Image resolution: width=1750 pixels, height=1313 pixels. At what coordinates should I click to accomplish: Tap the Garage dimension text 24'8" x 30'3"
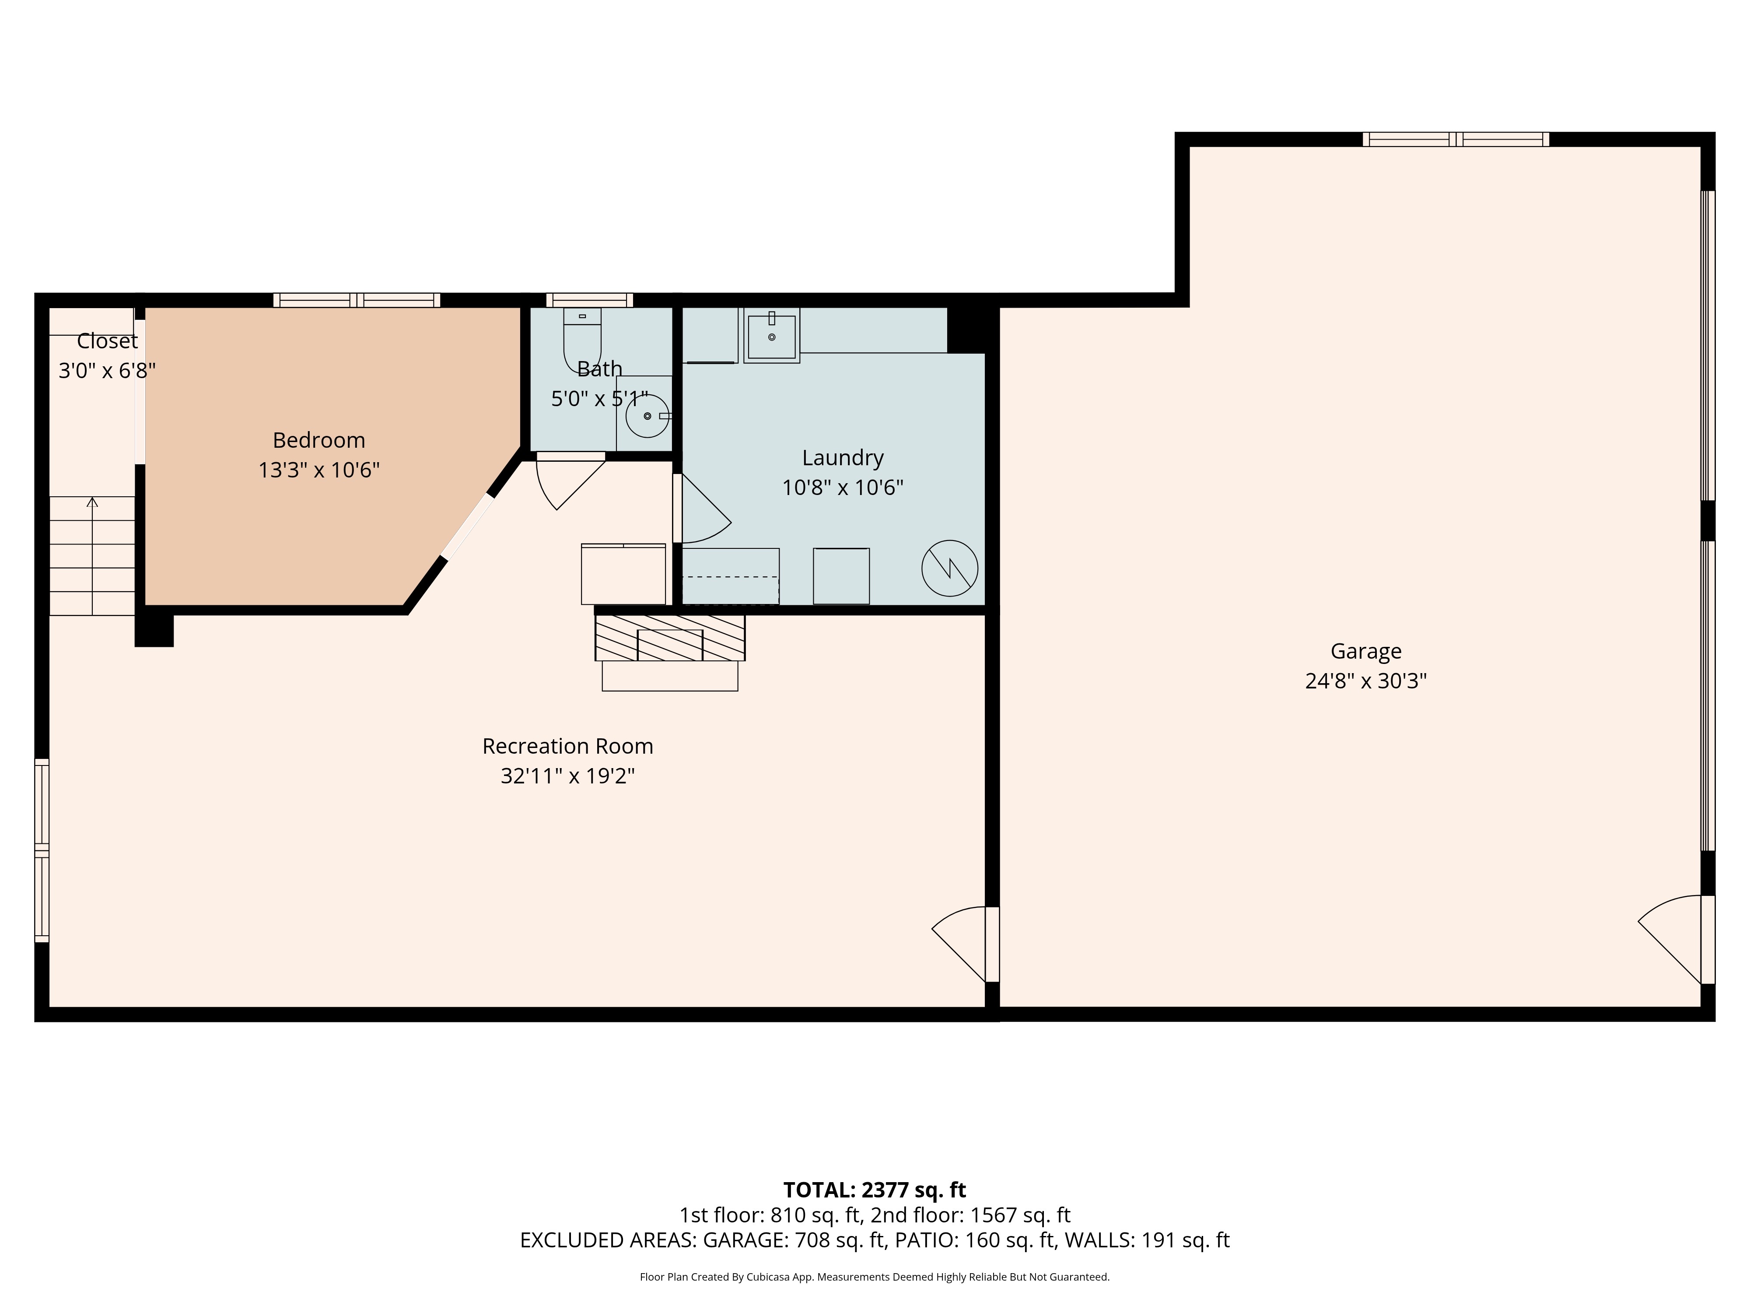[x=1365, y=681]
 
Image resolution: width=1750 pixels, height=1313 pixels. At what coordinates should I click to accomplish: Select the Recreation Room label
[x=567, y=746]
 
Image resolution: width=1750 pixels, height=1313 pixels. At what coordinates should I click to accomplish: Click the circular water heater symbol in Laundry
[x=949, y=568]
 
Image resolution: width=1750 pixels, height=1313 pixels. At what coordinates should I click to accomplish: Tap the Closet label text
[x=107, y=341]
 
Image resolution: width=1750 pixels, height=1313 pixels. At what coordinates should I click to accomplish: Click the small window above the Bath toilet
[x=589, y=300]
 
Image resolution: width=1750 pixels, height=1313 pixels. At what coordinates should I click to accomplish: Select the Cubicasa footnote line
[x=874, y=1277]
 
